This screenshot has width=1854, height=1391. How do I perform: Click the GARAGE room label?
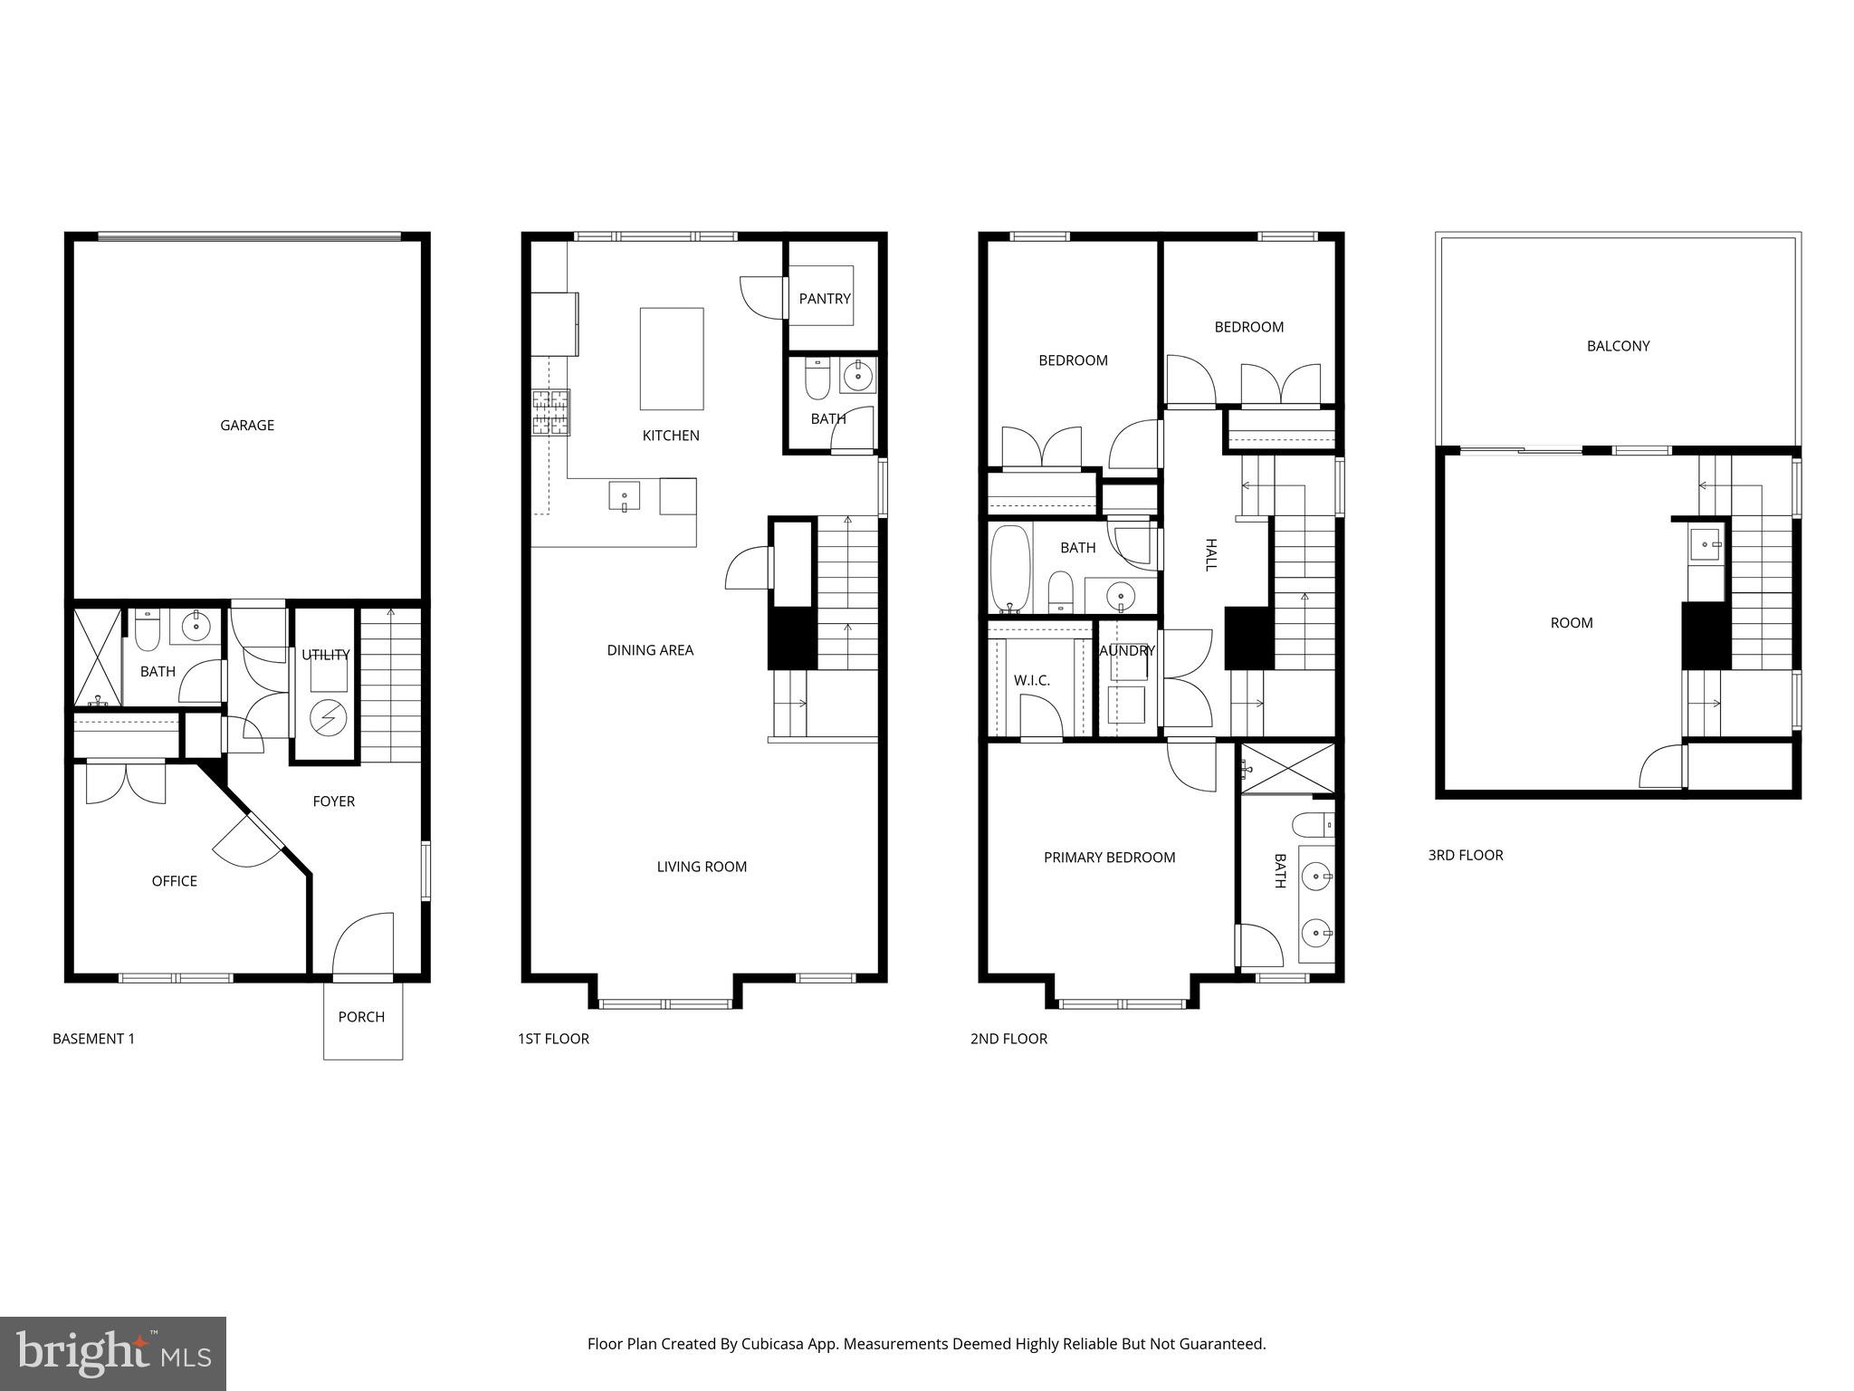tap(247, 425)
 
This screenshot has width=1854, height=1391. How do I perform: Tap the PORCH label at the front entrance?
tap(361, 1017)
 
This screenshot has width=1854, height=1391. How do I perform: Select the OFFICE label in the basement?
tap(174, 881)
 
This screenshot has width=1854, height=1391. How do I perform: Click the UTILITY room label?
tap(325, 655)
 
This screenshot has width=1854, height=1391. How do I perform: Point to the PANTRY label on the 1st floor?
tap(825, 298)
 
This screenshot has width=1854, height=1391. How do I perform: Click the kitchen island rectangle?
tap(671, 359)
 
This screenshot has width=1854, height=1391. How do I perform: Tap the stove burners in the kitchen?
tap(550, 412)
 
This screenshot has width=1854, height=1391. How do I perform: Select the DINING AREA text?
tap(650, 650)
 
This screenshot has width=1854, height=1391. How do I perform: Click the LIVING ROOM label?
tap(702, 867)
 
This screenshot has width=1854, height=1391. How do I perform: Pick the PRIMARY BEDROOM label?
tap(1109, 858)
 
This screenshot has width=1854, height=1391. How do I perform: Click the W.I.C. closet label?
tap(1032, 680)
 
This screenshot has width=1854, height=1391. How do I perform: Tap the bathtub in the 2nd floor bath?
tap(1010, 568)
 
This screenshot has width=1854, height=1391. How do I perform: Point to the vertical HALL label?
tap(1210, 554)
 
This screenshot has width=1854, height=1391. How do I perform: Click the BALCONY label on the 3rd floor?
tap(1618, 346)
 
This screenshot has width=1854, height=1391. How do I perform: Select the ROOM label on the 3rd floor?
tap(1571, 623)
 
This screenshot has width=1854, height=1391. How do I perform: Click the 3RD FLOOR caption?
tap(1465, 855)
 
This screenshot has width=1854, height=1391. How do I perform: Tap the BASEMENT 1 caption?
tap(93, 1039)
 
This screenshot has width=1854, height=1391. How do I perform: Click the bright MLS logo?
tap(112, 1354)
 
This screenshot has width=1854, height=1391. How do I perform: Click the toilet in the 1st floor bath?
tap(817, 383)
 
